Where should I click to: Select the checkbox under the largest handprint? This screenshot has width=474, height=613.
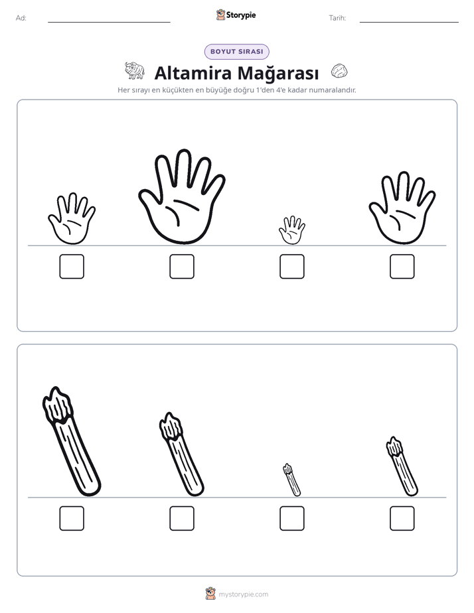click(x=182, y=267)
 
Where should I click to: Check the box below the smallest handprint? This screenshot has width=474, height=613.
click(x=292, y=267)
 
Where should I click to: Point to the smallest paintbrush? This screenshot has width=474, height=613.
click(x=291, y=480)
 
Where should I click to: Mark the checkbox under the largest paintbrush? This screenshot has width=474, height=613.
click(x=72, y=518)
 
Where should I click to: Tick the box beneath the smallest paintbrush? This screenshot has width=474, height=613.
click(x=292, y=518)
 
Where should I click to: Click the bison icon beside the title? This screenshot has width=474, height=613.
click(x=135, y=70)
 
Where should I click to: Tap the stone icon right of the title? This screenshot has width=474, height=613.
click(x=339, y=71)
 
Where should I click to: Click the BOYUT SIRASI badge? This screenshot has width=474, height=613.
click(x=236, y=52)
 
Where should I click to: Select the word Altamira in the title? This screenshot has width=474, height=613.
click(x=193, y=73)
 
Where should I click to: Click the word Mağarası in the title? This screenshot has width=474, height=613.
click(x=278, y=73)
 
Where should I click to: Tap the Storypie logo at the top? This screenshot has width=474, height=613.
click(x=236, y=15)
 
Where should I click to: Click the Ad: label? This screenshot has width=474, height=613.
click(x=21, y=18)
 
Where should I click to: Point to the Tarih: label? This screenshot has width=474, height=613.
click(x=337, y=18)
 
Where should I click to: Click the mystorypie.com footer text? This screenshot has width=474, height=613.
click(x=243, y=594)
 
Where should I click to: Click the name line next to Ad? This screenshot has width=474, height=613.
click(x=109, y=23)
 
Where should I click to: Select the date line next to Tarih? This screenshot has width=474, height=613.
click(x=409, y=23)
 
